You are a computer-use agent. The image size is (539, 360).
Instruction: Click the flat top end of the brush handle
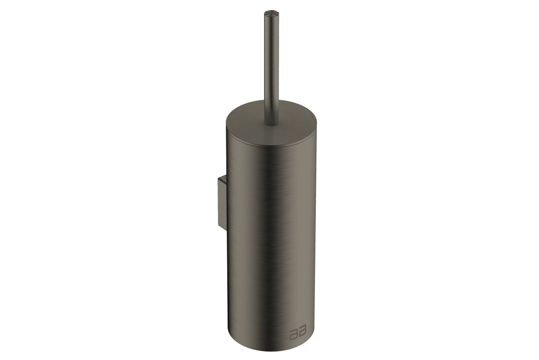pos(270,14)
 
